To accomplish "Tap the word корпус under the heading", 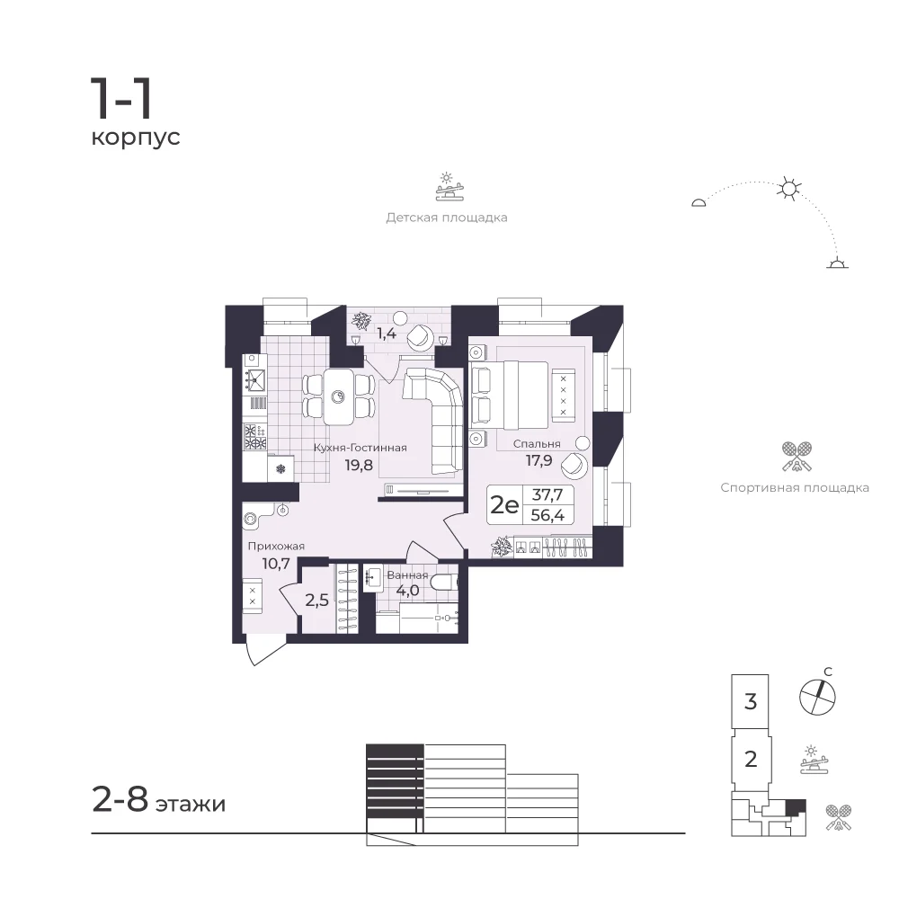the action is [136, 138].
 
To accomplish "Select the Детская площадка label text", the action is [447, 218].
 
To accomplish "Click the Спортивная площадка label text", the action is [795, 488].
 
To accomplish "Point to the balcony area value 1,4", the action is [387, 334].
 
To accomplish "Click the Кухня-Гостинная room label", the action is [360, 448].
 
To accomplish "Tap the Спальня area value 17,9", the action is [539, 459].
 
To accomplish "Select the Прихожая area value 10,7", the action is [276, 564].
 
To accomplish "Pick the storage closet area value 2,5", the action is [316, 600].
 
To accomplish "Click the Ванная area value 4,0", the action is [407, 590].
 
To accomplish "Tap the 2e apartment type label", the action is [504, 505].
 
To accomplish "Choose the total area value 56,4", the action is [547, 515].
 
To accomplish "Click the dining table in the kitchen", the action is [338, 396].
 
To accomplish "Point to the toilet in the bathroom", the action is [445, 583].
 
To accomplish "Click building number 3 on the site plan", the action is [751, 701].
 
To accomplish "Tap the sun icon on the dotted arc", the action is [789, 189].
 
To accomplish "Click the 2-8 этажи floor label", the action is [159, 800].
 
